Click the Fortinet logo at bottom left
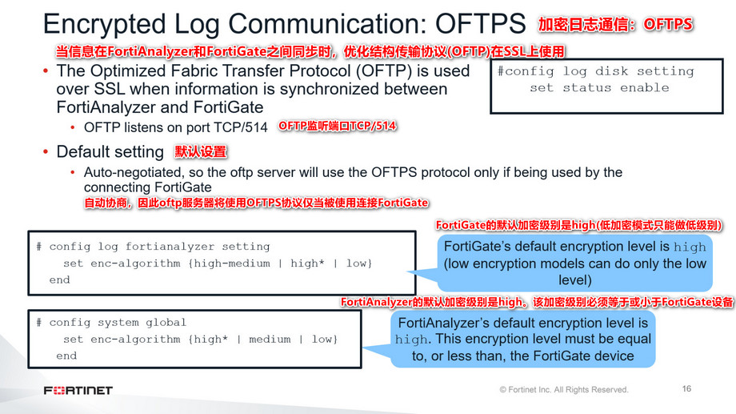point(78,390)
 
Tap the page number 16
point(686,389)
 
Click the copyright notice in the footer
point(563,390)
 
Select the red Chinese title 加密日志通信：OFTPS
point(614,25)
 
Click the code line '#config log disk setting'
point(595,71)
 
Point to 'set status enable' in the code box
point(599,88)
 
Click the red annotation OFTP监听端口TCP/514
point(337,127)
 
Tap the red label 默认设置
point(201,151)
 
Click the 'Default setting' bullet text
point(110,151)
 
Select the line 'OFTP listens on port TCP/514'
point(175,127)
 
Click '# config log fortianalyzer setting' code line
point(153,247)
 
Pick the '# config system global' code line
point(111,323)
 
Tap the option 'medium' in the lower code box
point(269,340)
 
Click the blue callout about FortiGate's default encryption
point(574,263)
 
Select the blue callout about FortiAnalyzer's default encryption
point(522,340)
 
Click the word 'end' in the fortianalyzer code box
point(59,280)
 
